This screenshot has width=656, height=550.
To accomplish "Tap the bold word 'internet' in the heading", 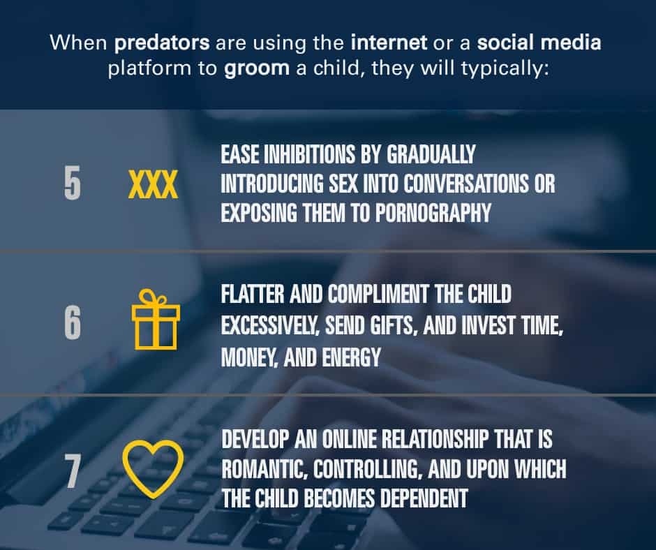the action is (389, 43).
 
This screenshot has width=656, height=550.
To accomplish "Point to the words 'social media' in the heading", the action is (539, 43).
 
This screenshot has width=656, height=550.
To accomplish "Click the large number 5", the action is (73, 184).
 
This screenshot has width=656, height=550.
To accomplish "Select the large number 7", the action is (72, 472).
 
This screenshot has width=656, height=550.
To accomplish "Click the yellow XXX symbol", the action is (153, 184).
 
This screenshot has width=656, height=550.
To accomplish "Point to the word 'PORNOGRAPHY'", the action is (433, 213).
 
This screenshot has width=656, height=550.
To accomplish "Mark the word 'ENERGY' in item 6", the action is (352, 357).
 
